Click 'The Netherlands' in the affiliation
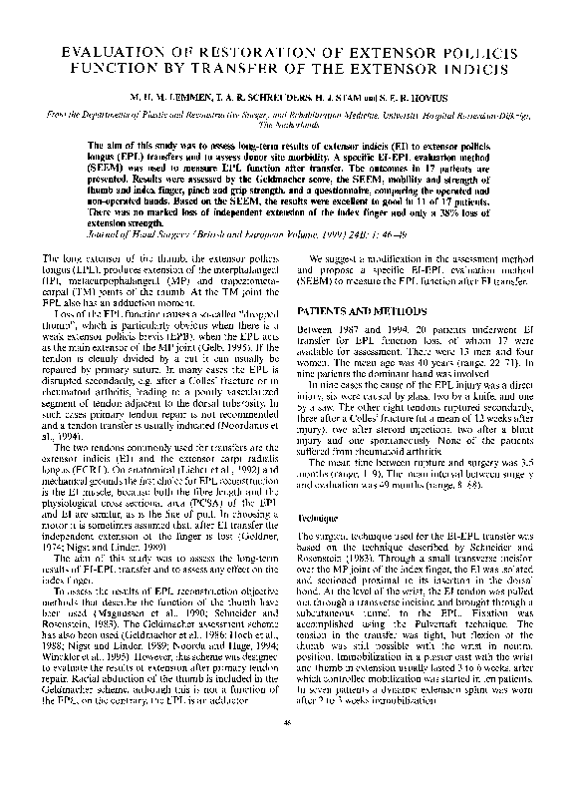[286, 128]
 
